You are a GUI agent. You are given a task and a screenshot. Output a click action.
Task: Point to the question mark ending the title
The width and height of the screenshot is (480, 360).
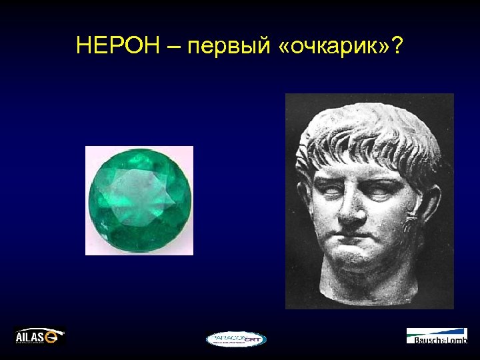(x=398, y=46)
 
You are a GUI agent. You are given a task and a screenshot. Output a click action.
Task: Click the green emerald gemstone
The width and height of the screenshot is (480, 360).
(x=139, y=201)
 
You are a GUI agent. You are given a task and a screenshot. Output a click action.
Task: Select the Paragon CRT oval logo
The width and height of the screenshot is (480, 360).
(x=235, y=339)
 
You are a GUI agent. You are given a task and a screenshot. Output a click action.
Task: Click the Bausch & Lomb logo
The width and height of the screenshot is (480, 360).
(x=437, y=336)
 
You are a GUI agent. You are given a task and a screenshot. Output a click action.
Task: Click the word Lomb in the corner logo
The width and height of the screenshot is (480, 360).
(x=455, y=341)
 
